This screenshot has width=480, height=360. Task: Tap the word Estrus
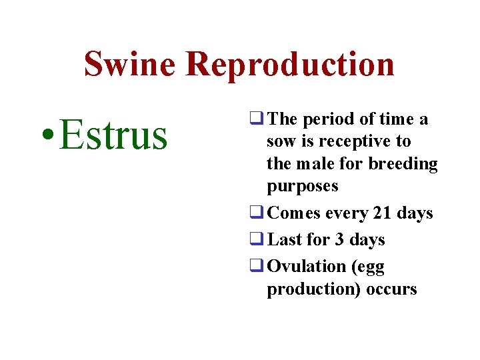[113, 134]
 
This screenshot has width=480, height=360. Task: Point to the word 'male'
[317, 164]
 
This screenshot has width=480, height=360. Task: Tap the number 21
[383, 213]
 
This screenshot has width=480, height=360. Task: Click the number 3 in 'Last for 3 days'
[340, 239]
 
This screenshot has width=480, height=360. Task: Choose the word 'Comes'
[293, 213]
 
